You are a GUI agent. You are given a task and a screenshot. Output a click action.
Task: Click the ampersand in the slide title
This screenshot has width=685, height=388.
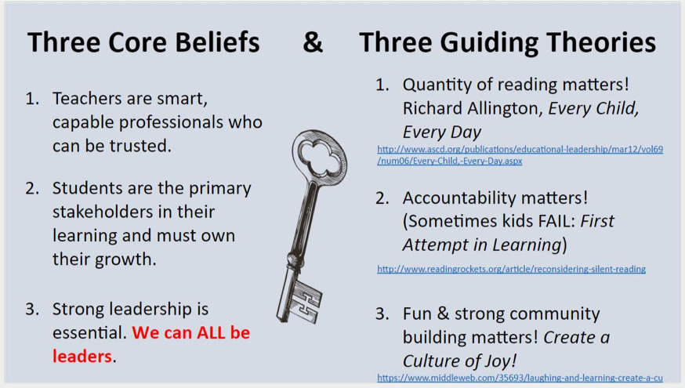[313, 42]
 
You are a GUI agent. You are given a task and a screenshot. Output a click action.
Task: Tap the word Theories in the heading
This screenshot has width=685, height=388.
[601, 42]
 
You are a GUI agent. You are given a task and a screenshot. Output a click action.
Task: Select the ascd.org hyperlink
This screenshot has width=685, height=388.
[520, 154]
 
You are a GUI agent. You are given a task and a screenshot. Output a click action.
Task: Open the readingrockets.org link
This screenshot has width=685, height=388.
[511, 269]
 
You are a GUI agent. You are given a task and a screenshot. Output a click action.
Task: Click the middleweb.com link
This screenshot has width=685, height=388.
[520, 378]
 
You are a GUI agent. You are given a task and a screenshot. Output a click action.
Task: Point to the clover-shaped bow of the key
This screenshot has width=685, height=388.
[321, 154]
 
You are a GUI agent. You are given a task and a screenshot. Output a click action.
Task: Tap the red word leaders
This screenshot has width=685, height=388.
[82, 356]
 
